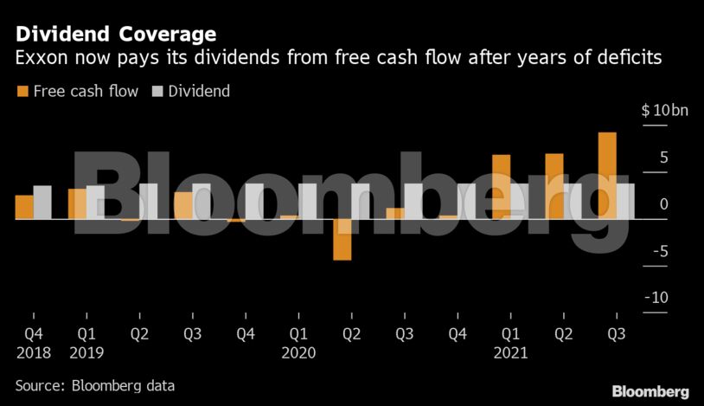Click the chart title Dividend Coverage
(x=115, y=34)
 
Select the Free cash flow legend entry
(x=77, y=91)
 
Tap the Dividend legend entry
(x=191, y=91)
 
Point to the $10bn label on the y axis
(x=664, y=111)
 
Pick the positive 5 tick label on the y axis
(x=662, y=158)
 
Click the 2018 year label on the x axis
(x=33, y=352)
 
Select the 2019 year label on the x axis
(x=86, y=352)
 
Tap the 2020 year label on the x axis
(x=298, y=352)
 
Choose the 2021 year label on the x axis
(x=509, y=352)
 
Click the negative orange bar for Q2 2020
(x=342, y=239)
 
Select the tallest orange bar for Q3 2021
(x=607, y=175)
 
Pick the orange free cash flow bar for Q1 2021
(x=501, y=186)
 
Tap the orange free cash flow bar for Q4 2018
(x=24, y=207)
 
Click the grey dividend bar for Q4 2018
(x=42, y=202)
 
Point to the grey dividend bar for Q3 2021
(x=626, y=201)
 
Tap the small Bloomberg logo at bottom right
(x=650, y=391)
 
